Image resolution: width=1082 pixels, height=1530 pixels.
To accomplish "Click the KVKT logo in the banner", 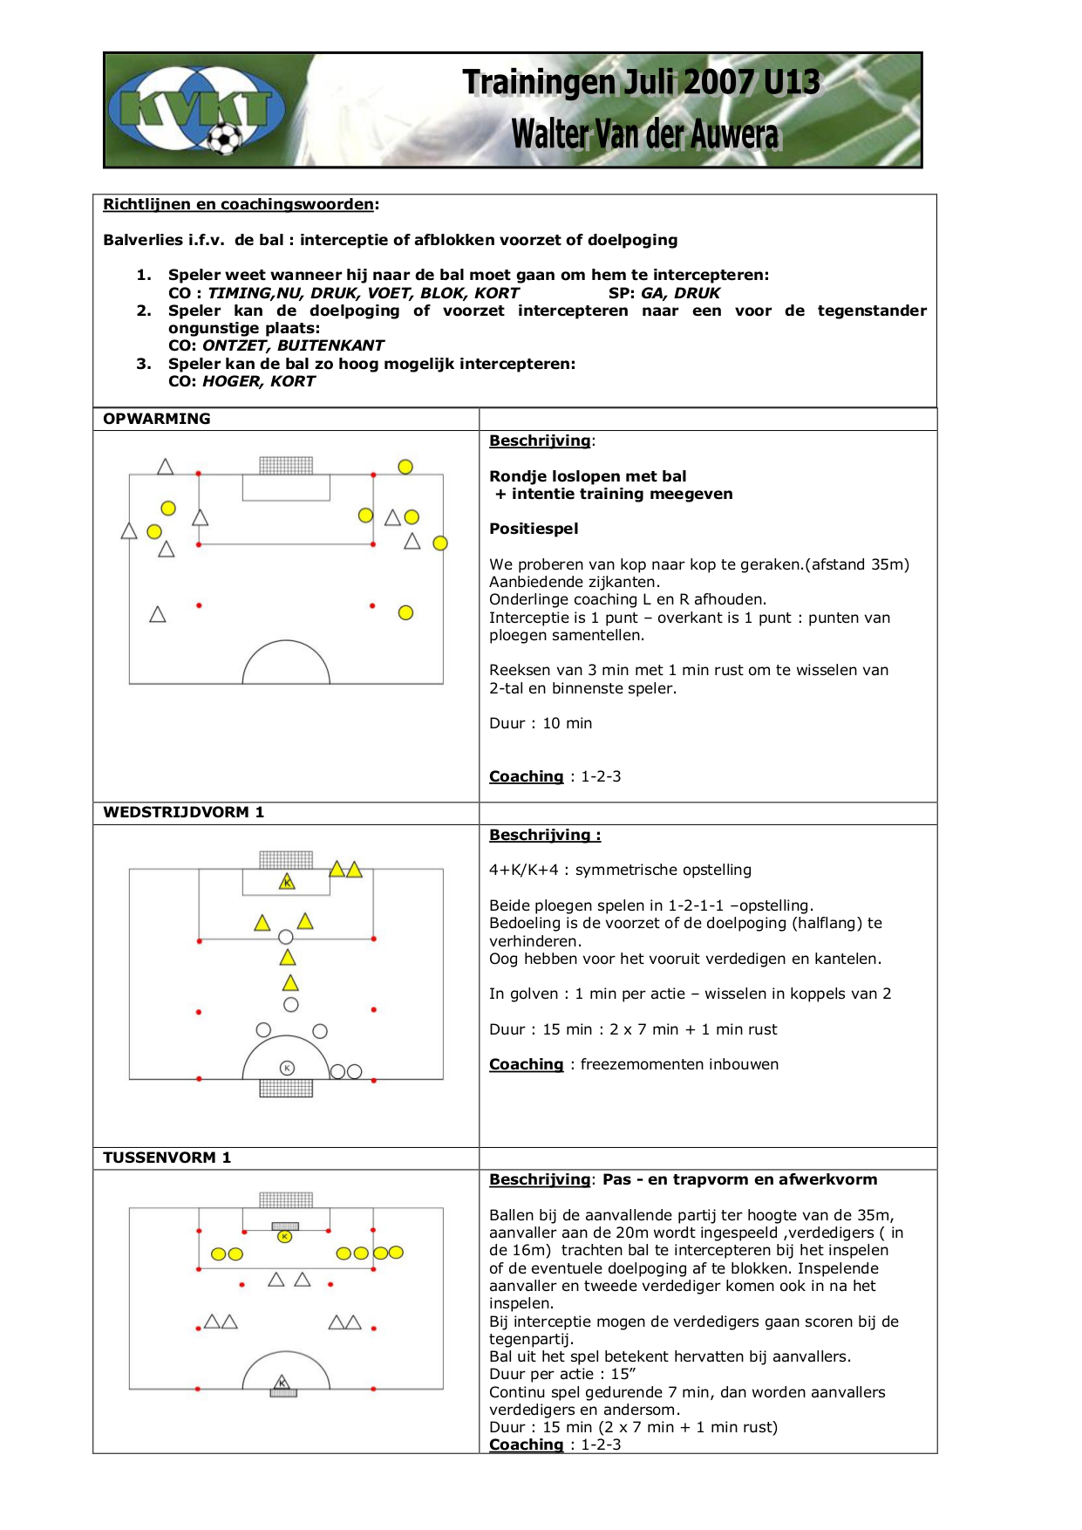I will coord(196,110).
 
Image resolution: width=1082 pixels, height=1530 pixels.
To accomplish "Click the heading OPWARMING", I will coord(157,419).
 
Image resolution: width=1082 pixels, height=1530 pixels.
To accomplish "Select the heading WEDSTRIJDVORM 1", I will coord(183,812).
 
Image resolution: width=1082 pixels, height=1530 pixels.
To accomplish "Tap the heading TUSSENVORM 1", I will coord(167,1158).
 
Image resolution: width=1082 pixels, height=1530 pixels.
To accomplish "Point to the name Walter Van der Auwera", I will coord(644,134).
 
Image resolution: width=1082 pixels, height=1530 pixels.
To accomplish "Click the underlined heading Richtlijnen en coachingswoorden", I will coord(239,204).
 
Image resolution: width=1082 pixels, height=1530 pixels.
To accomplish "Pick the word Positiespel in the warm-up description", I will coord(534,529).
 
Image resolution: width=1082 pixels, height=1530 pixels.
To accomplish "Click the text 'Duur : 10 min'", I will coord(541,723).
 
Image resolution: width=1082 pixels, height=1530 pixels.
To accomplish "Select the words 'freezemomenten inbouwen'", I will coord(679,1064).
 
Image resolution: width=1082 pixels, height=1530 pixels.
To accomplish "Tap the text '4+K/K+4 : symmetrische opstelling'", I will coord(620,870).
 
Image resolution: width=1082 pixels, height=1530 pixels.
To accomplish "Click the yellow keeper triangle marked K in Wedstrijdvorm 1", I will coord(287,882).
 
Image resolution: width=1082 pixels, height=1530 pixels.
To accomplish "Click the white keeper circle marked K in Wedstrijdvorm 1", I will coord(287,1068).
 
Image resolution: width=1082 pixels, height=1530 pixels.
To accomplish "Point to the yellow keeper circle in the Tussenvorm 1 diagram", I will coord(284,1236).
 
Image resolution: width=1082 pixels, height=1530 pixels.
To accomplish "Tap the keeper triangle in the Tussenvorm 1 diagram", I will coord(282,1383).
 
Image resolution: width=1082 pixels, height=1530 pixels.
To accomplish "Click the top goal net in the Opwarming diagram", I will coord(286,466).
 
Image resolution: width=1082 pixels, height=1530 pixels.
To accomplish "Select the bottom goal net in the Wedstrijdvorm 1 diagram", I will coord(286,1088).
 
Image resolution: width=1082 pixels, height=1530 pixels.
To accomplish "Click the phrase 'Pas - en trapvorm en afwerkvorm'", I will coord(740,1179).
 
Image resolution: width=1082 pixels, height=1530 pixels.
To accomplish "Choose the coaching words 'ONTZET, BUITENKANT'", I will coord(293,345).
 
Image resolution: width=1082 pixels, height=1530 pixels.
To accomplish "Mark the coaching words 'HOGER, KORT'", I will coord(259,381).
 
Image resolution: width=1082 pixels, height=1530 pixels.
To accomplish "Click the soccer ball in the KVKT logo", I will coord(224,138).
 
